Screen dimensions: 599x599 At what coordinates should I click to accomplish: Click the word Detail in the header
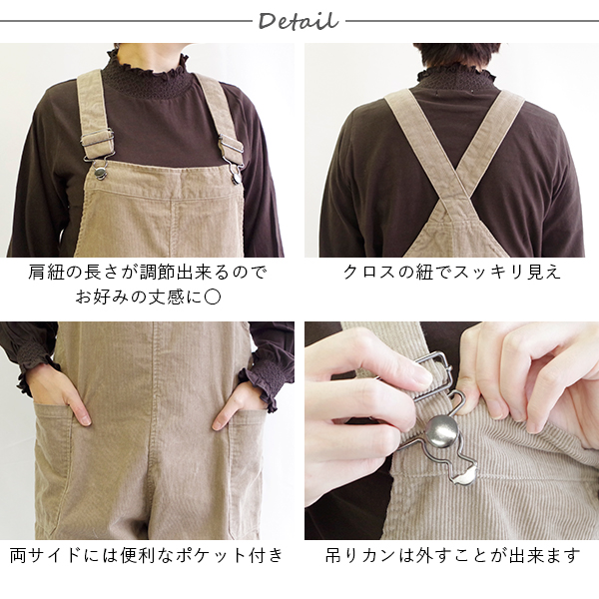coord(298,21)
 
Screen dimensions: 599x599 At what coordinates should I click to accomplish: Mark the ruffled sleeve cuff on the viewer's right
coord(264,384)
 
